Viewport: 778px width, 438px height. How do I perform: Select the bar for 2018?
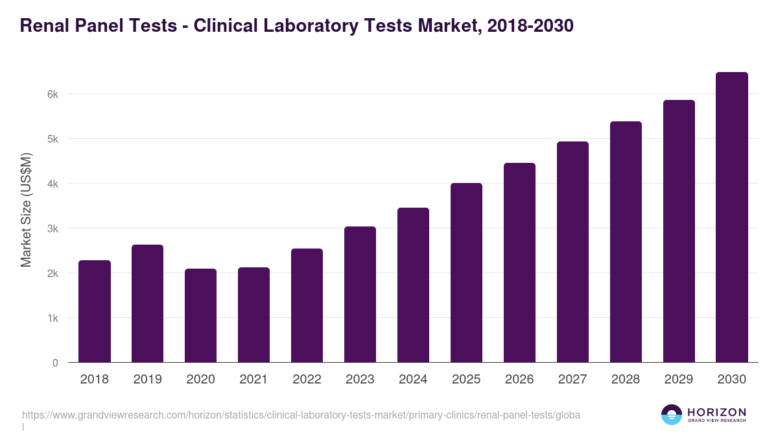95,311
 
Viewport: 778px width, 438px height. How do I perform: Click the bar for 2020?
200,315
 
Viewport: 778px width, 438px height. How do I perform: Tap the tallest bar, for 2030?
732,217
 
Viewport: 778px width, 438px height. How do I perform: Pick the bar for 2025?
466,273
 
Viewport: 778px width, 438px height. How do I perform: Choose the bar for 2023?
360,295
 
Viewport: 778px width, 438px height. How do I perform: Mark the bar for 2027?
572,252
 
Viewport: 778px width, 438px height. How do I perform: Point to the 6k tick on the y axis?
53,94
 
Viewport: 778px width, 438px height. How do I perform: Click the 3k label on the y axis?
53,228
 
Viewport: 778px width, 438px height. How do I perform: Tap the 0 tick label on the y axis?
55,363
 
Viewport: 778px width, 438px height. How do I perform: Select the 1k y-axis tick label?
53,318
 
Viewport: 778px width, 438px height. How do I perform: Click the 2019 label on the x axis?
147,380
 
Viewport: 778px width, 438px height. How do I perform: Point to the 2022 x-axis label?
307,380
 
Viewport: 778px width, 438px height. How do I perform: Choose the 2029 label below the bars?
679,380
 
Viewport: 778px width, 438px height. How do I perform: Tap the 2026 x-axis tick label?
519,380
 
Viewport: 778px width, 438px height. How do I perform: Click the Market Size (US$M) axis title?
26,209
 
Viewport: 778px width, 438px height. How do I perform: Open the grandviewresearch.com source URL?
301,415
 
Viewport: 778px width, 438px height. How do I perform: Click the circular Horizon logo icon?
672,415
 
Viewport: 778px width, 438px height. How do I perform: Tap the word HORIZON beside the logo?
716,412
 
